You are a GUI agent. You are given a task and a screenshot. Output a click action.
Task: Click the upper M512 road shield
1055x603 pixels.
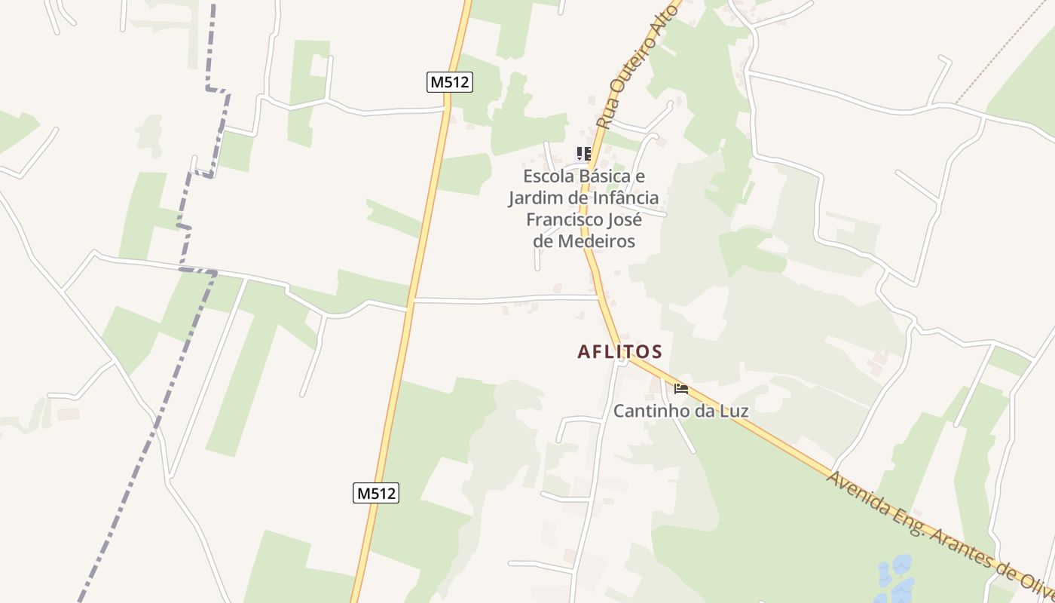[450, 82]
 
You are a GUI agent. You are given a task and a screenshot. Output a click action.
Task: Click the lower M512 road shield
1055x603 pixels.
[375, 494]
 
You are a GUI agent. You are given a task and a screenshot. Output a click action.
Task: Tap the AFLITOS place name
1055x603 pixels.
[619, 352]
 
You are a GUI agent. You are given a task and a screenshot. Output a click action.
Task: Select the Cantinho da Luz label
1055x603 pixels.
[680, 412]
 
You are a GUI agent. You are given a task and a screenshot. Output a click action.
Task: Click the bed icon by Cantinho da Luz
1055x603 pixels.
[681, 389]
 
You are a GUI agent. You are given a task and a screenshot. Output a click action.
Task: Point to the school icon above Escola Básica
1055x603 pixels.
[583, 154]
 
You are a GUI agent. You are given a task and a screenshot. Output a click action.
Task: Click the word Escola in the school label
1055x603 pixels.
[549, 176]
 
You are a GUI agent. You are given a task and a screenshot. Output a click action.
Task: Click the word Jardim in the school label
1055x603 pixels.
[532, 198]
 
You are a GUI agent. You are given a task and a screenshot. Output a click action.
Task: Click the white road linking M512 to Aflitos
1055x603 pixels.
[505, 300]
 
